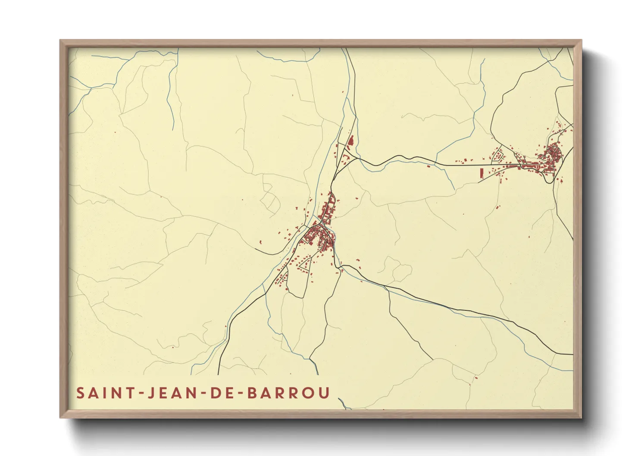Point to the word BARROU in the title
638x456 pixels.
tap(289, 393)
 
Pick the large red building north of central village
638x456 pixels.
tap(350, 141)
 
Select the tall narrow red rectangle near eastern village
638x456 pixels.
tap(481, 173)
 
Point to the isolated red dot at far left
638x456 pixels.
tap(115, 132)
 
